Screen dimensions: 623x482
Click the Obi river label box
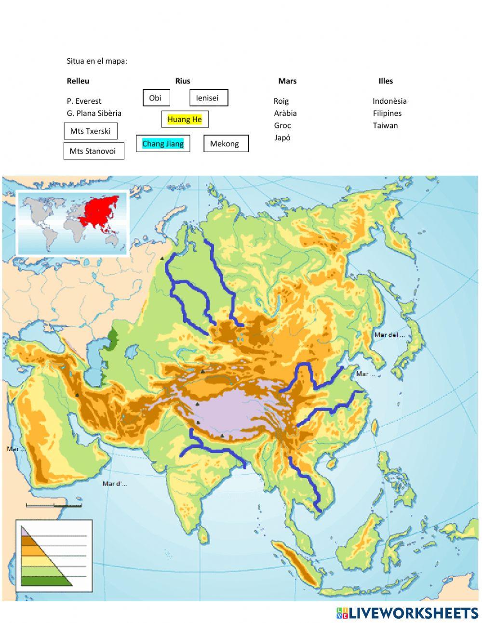156,98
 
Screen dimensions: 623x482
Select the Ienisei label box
208,98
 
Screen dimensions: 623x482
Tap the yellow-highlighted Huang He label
185,119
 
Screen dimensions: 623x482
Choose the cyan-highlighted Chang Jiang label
163,143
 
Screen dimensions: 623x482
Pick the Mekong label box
226,143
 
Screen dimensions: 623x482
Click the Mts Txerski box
91,131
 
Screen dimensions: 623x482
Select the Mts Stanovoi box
94,151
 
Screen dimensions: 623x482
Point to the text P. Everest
84,101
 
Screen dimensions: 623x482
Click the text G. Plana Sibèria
94,113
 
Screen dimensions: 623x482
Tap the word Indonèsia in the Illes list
389,101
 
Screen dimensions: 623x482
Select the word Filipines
387,113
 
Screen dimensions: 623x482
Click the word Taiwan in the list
385,125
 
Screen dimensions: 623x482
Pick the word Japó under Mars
282,138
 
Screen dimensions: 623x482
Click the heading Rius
183,81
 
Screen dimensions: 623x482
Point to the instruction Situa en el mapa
97,61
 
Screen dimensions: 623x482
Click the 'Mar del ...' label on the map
389,335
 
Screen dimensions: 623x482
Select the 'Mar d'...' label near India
115,484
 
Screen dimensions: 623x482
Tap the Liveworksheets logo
407,613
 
